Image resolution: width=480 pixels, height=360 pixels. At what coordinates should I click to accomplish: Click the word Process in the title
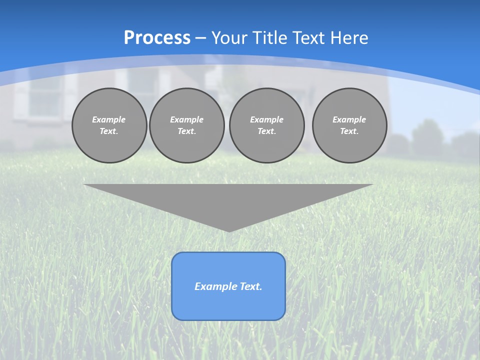click(157, 38)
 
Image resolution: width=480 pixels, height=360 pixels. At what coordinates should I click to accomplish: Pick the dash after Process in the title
click(201, 38)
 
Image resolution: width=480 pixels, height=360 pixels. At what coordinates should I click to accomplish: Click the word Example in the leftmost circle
click(109, 119)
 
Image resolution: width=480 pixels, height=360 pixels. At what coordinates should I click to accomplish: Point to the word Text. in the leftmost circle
click(109, 131)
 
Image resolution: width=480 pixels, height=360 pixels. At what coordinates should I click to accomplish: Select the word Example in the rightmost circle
click(349, 119)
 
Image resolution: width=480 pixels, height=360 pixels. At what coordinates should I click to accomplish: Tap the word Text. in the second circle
click(187, 131)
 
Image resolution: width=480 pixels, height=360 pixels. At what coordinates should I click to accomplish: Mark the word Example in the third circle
click(266, 119)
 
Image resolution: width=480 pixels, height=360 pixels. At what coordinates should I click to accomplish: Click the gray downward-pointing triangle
click(228, 200)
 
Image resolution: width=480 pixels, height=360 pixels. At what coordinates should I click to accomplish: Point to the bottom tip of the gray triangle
click(229, 230)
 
